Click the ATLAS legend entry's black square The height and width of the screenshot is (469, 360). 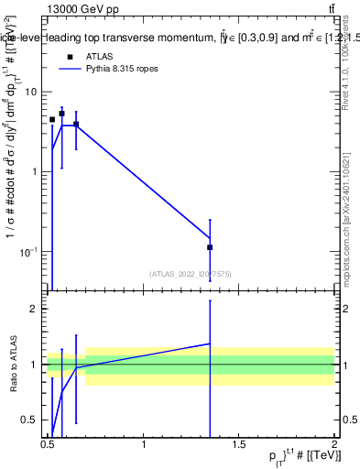tap(70, 56)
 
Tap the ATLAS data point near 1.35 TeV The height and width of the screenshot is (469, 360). tap(210, 247)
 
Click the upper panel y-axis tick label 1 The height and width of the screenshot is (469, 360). tap(34, 171)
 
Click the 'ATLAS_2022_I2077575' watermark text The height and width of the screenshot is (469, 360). tap(190, 273)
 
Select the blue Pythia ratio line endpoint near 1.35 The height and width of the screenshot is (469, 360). tap(210, 344)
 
